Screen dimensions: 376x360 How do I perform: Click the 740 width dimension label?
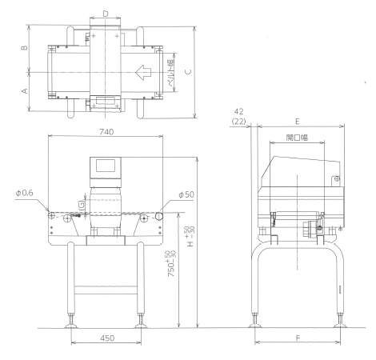click(106, 132)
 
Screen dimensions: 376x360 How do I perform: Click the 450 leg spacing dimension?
click(107, 338)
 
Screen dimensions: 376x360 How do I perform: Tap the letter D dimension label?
click(106, 14)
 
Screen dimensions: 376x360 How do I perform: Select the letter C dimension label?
click(188, 71)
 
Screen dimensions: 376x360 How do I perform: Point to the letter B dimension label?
click(24, 47)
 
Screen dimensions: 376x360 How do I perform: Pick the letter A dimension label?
click(24, 90)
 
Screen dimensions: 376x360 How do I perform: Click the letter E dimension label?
click(298, 122)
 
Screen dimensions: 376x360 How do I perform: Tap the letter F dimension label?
click(298, 338)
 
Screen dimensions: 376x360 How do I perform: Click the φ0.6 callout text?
click(25, 193)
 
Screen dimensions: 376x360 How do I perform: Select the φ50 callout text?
click(186, 194)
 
